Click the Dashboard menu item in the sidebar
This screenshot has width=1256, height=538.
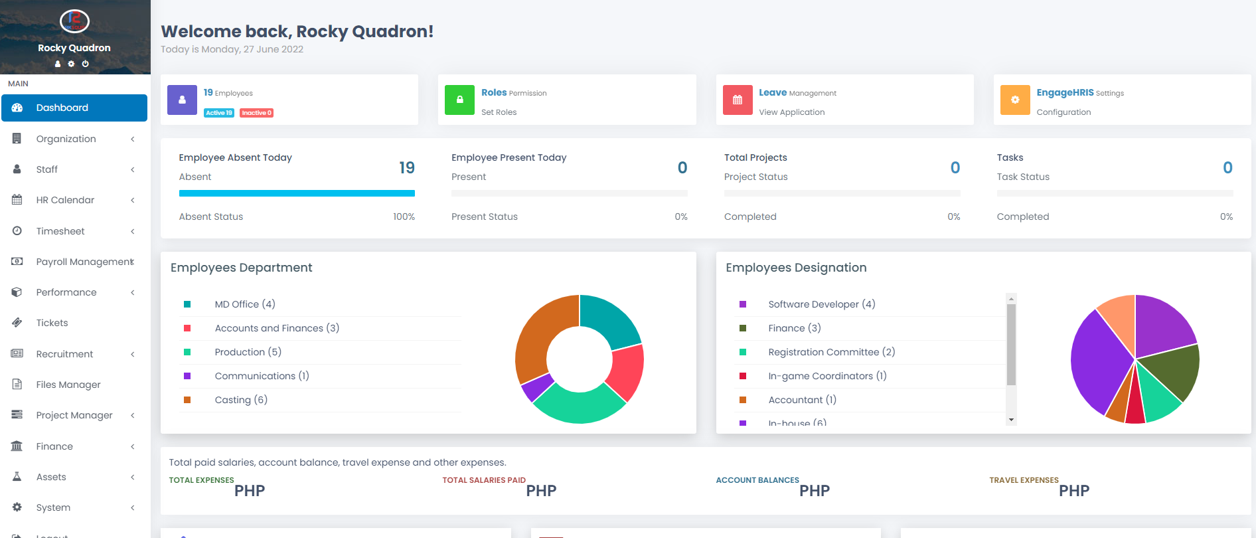[x=62, y=108]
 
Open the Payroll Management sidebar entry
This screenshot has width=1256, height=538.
[x=84, y=262]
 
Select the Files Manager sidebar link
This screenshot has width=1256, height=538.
[x=68, y=385]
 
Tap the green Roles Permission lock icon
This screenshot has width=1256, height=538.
[x=459, y=100]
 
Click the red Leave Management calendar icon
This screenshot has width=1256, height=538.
[x=737, y=100]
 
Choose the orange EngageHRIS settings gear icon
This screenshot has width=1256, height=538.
[x=1014, y=100]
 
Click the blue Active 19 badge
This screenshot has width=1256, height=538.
[x=219, y=113]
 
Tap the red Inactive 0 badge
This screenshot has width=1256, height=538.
[x=256, y=113]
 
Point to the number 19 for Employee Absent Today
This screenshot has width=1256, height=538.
[x=406, y=168]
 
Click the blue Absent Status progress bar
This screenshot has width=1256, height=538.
[x=297, y=193]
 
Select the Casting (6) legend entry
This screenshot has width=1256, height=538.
[x=240, y=400]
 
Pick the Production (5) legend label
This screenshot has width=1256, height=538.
[x=248, y=352]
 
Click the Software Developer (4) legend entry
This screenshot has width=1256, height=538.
[x=821, y=304]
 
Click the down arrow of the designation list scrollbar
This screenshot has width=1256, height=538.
[x=1011, y=420]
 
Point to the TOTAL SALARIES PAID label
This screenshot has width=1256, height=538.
[x=483, y=480]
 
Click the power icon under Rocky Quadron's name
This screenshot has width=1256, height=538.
[x=85, y=64]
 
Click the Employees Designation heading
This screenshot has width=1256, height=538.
[x=795, y=268]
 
